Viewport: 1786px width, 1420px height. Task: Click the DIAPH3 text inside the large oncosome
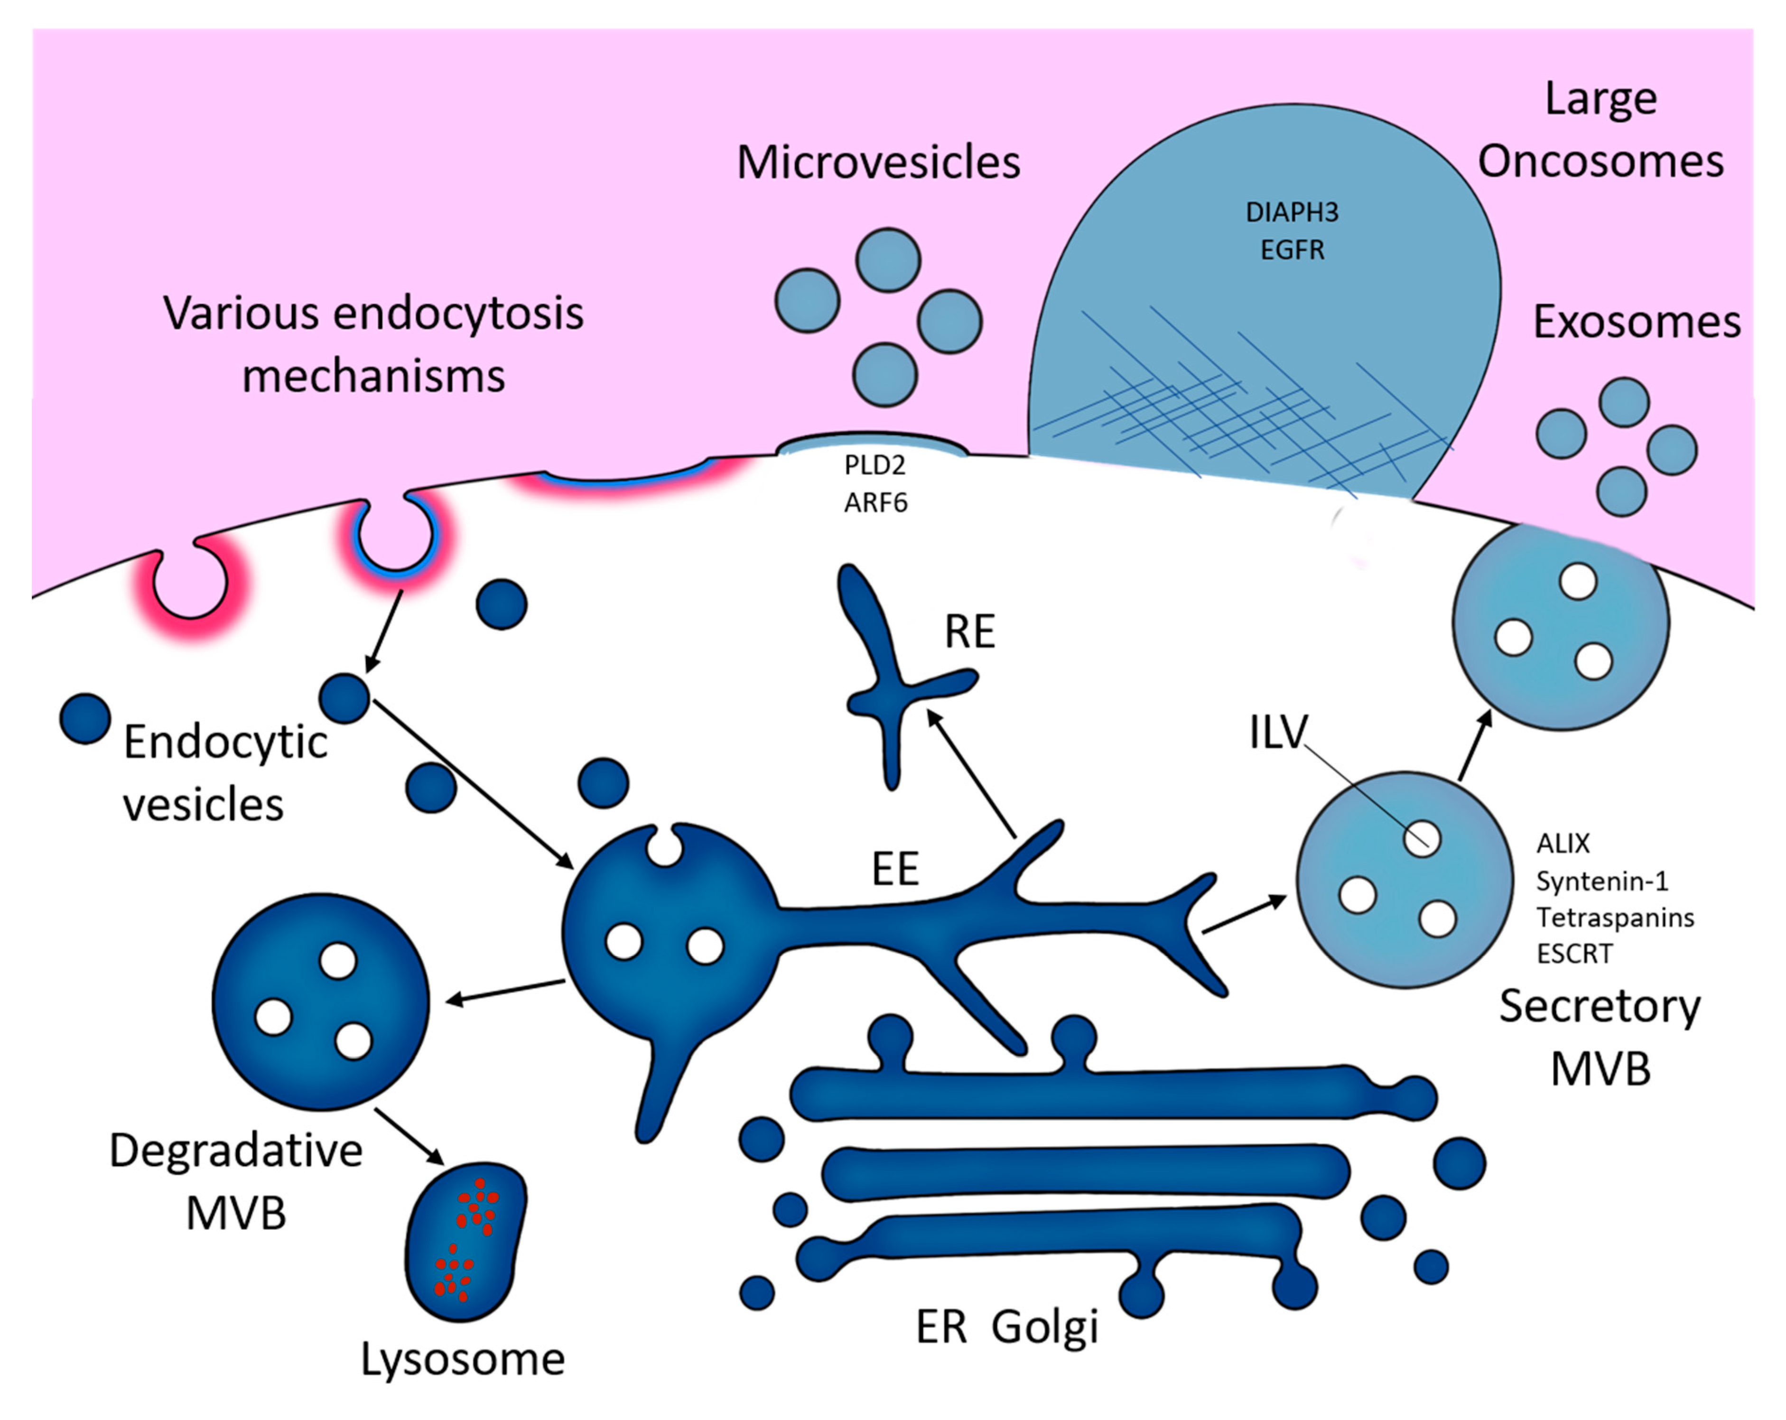(x=1292, y=213)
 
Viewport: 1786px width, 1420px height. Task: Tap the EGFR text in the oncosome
(x=1292, y=250)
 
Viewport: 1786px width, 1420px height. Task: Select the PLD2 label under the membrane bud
(x=875, y=465)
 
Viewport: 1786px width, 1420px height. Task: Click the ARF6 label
(x=875, y=502)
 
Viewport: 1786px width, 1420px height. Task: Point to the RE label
(x=969, y=632)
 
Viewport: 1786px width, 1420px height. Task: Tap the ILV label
(x=1277, y=733)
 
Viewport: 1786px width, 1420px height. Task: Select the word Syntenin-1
(x=1602, y=881)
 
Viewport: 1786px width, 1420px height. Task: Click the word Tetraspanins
(x=1615, y=917)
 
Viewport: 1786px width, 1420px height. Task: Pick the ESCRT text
(x=1574, y=954)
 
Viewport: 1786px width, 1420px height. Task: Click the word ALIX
(x=1563, y=844)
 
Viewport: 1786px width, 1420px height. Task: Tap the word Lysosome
(x=462, y=1359)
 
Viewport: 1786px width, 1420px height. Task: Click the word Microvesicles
(x=878, y=162)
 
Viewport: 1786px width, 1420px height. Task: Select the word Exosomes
(x=1636, y=322)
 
